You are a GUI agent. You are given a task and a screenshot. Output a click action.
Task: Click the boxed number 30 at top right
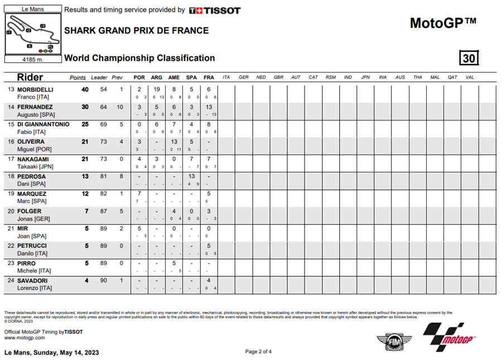[x=469, y=58]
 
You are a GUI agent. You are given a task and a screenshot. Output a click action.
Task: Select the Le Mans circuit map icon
[x=32, y=34]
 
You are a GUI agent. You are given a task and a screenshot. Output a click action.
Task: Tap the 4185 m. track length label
[x=32, y=59]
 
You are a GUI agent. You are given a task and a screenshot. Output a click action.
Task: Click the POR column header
[x=139, y=77]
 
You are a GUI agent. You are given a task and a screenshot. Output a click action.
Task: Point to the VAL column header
[x=470, y=77]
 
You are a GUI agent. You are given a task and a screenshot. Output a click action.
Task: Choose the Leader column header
[x=99, y=77]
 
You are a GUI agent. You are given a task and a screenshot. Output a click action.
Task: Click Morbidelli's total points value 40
[x=85, y=90]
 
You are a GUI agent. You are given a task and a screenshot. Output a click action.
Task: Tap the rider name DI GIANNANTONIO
[x=43, y=124]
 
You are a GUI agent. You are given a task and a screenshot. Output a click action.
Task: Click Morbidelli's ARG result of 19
[x=157, y=90]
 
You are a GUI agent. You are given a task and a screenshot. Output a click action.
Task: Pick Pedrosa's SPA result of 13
[x=191, y=176]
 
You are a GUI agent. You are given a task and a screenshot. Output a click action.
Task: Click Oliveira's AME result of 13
[x=174, y=142]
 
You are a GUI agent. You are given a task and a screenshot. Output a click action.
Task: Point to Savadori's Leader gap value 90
[x=103, y=280]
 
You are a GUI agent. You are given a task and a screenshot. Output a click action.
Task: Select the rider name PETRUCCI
[x=32, y=246]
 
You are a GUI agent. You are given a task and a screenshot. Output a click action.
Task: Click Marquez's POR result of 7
[x=139, y=194]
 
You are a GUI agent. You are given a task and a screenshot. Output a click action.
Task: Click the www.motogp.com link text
[x=25, y=338]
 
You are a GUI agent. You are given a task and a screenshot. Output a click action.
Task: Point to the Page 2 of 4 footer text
[x=258, y=352]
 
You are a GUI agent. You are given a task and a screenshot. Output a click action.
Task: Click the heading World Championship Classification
[x=139, y=58]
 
